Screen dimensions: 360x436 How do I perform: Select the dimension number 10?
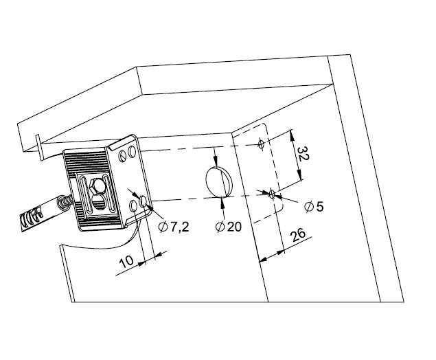pyautogui.click(x=126, y=262)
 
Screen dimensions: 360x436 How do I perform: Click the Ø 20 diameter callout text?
pyautogui.click(x=228, y=227)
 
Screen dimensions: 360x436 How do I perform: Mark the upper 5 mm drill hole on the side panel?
pyautogui.click(x=260, y=144)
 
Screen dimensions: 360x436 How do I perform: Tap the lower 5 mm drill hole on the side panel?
pyautogui.click(x=273, y=193)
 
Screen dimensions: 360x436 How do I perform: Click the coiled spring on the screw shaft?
pyautogui.click(x=65, y=203)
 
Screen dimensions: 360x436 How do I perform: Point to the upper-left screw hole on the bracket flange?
pyautogui.click(x=122, y=156)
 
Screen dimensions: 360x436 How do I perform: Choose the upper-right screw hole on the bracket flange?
pyautogui.click(x=131, y=150)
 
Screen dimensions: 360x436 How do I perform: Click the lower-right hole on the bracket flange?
pyautogui.click(x=144, y=201)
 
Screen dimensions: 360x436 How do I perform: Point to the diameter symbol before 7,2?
pyautogui.click(x=163, y=227)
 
